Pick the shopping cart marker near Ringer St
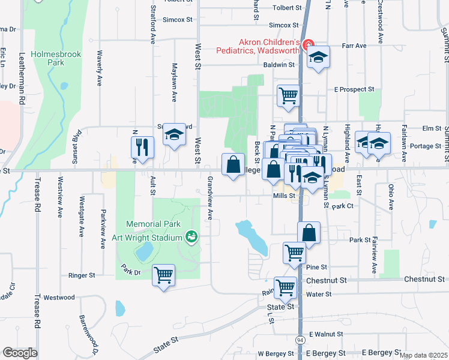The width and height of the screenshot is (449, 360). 163,275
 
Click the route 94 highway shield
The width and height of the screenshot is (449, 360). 301,340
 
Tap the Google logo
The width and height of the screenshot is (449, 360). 20,353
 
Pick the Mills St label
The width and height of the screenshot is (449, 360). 284,196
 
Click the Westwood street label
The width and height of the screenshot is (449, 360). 59,298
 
